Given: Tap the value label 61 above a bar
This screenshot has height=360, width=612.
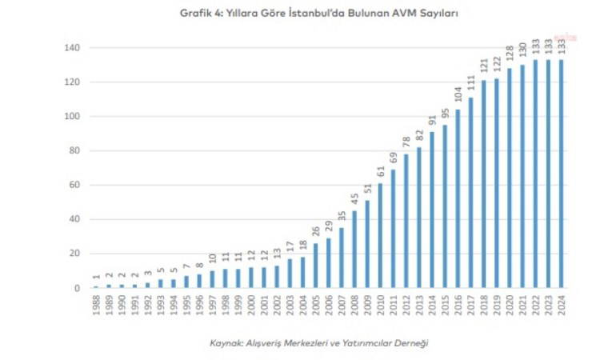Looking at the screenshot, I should click(379, 173).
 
